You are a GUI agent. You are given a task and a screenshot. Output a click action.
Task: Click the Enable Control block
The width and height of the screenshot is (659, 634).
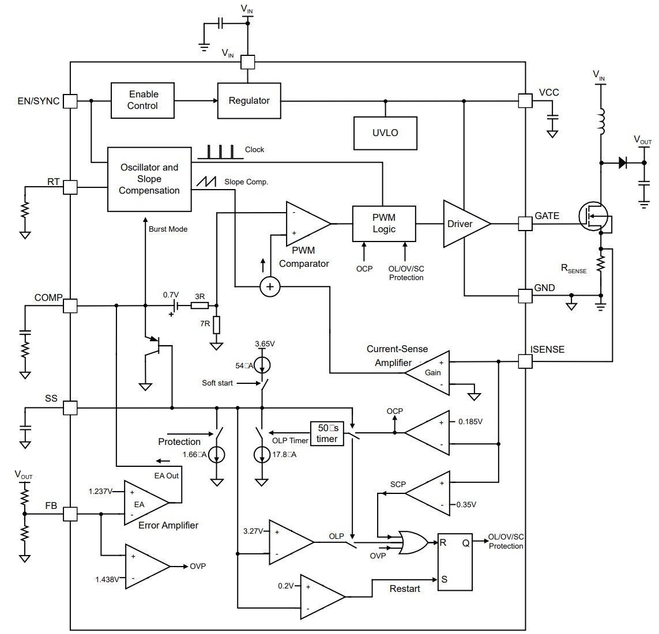click(x=142, y=100)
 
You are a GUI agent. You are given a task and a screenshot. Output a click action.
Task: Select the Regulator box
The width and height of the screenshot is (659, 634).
click(x=249, y=101)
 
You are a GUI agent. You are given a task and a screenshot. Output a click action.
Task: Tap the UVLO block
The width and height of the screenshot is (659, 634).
click(x=385, y=133)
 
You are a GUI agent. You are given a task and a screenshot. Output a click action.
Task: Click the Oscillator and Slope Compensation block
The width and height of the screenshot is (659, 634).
click(x=149, y=179)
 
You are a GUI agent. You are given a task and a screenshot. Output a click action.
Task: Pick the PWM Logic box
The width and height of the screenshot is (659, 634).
click(x=384, y=224)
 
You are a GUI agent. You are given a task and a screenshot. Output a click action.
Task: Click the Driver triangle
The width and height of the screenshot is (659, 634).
click(x=463, y=224)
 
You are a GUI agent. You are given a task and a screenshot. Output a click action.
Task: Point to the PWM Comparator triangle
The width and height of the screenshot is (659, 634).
click(x=306, y=224)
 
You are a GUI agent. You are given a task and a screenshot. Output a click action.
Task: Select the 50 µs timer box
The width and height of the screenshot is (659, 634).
click(x=327, y=433)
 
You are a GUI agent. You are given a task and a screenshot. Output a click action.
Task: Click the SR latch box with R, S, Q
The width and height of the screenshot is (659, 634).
click(x=454, y=560)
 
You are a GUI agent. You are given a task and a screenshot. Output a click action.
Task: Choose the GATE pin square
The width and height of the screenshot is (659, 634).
click(x=525, y=224)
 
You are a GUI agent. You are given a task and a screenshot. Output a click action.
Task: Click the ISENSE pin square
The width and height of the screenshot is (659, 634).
click(x=525, y=361)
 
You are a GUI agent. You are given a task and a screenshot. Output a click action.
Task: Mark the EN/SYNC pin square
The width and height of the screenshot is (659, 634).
click(x=70, y=101)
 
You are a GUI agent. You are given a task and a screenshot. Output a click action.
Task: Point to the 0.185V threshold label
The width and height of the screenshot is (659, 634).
click(x=470, y=421)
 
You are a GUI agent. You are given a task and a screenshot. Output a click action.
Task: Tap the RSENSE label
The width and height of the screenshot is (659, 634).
click(x=573, y=269)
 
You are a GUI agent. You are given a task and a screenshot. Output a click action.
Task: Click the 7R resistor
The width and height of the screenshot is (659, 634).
click(x=216, y=324)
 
